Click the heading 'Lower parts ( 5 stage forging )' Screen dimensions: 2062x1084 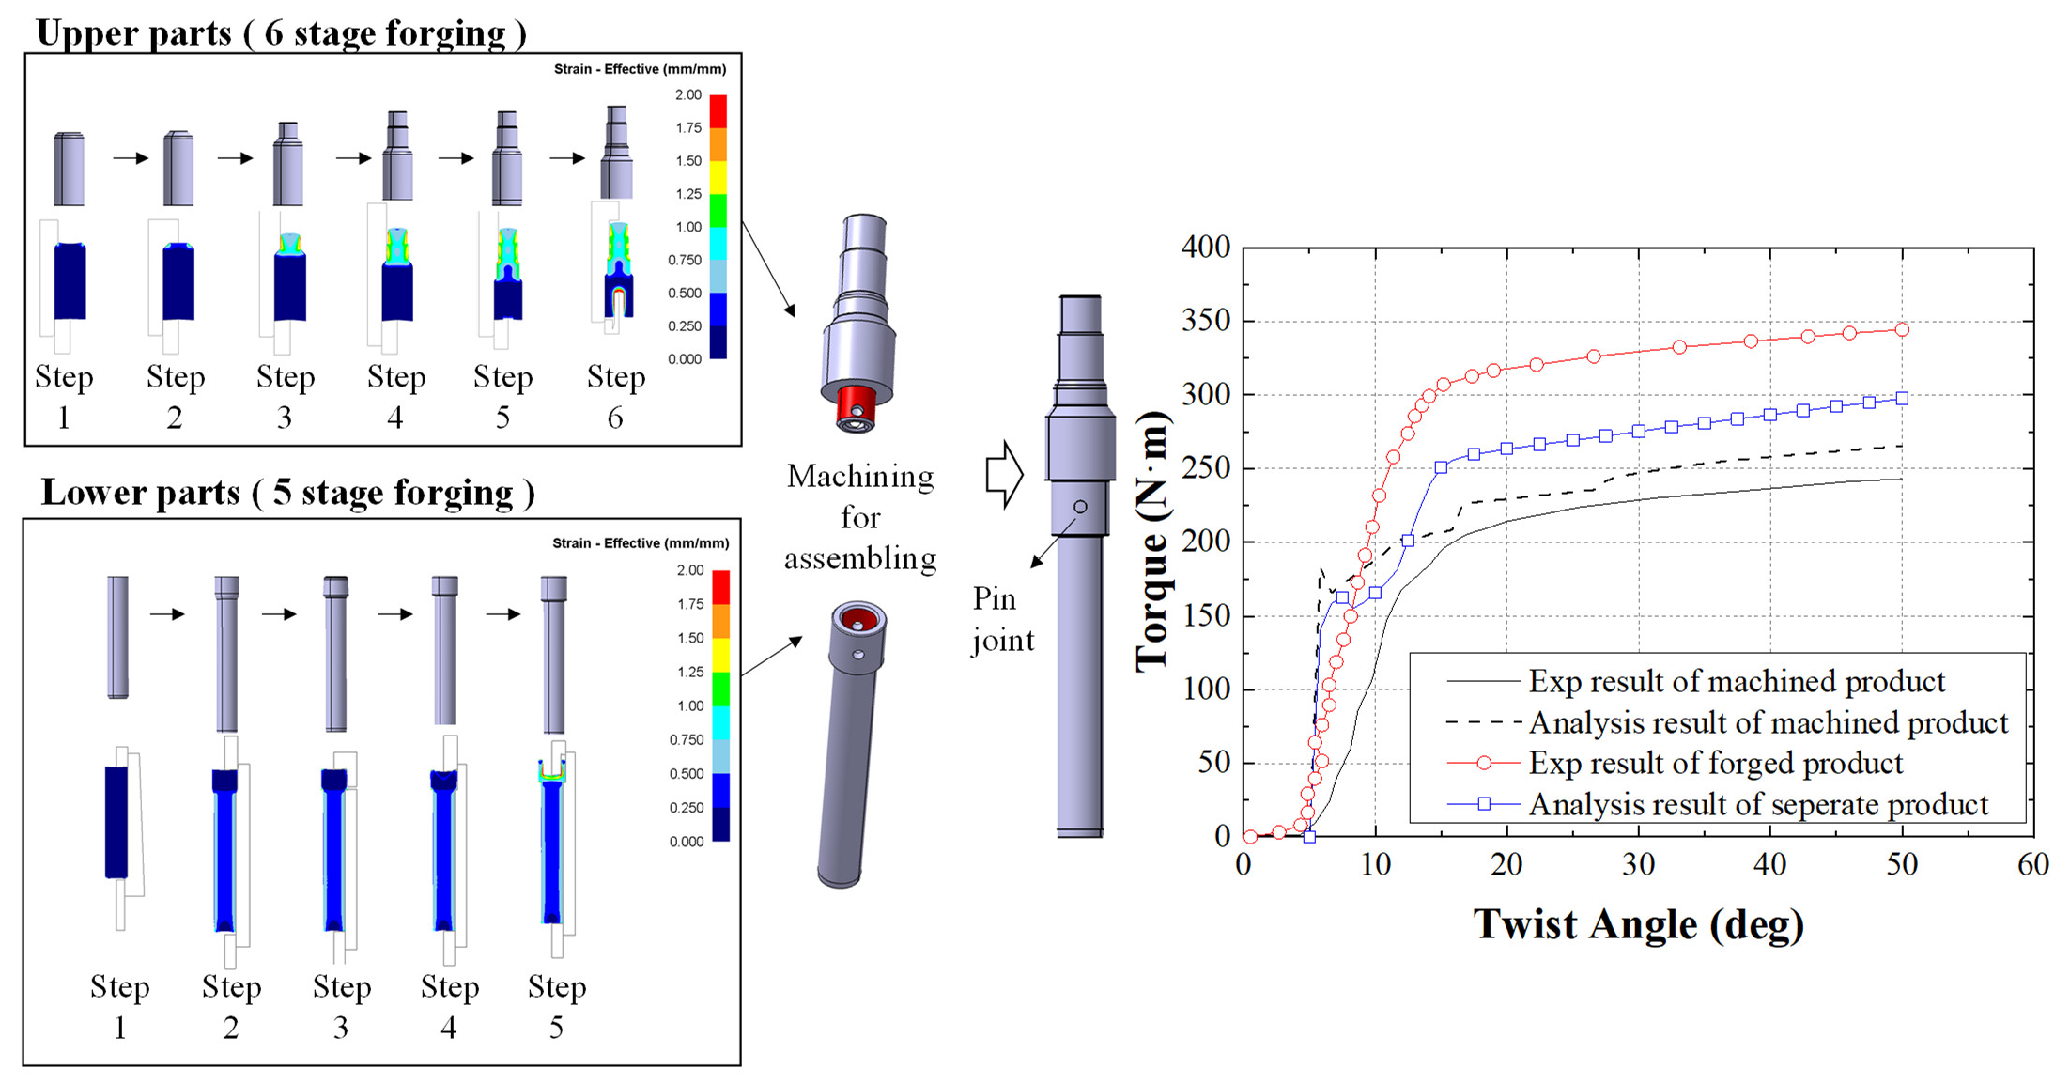[287, 492]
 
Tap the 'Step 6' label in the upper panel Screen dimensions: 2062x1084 [616, 396]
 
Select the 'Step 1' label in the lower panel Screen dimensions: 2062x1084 [119, 1007]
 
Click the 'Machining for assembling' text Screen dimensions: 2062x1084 [860, 517]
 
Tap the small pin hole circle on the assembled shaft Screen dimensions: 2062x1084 [1080, 507]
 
